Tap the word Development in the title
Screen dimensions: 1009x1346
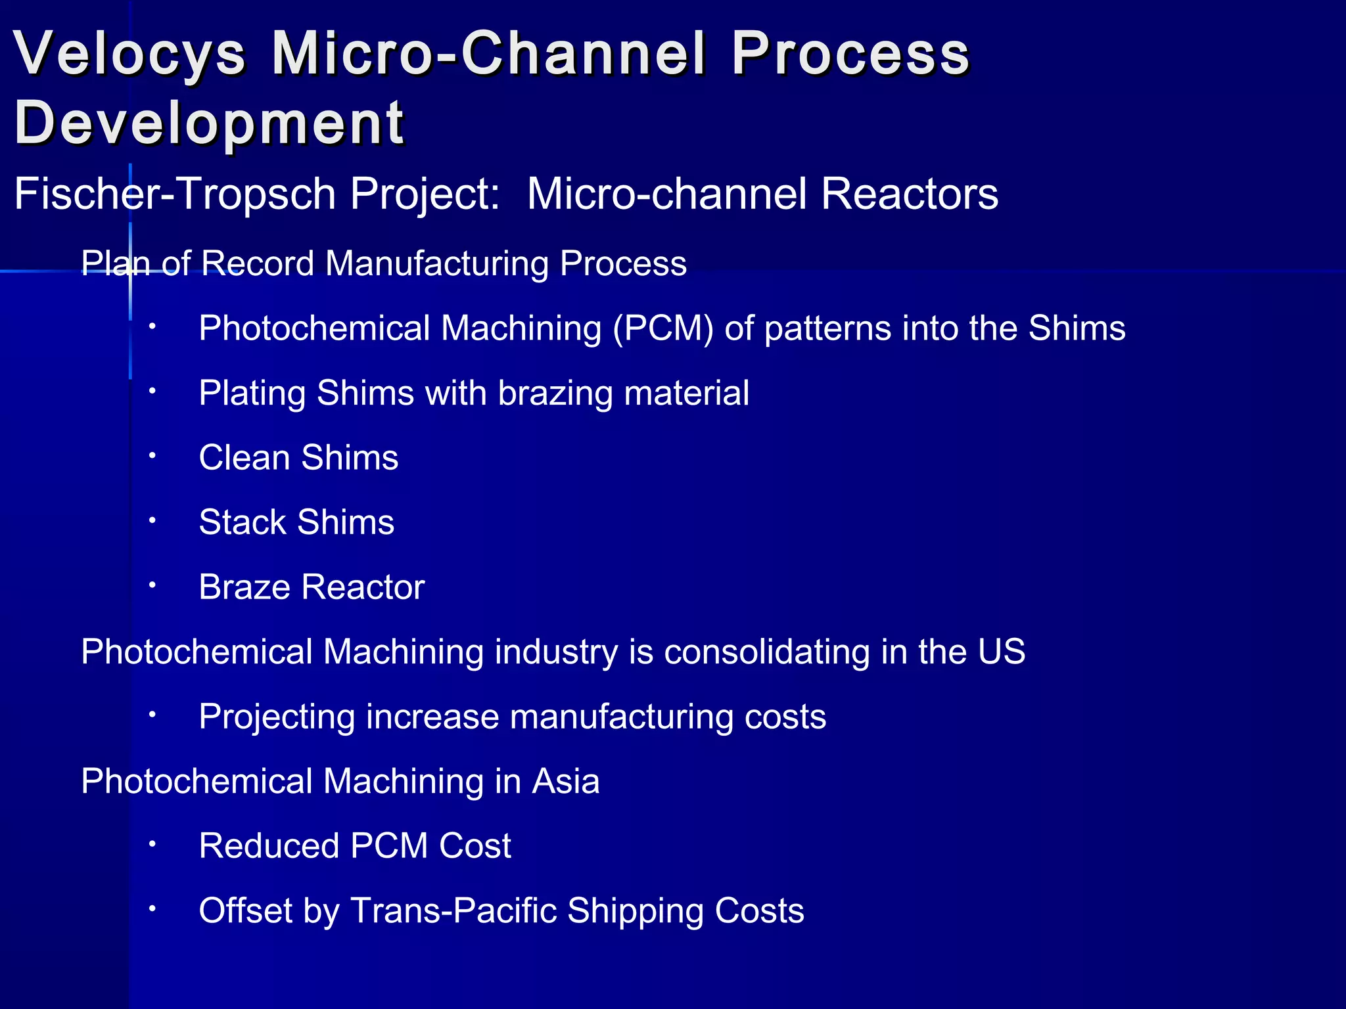(209, 122)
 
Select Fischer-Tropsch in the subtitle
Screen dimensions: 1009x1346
(175, 194)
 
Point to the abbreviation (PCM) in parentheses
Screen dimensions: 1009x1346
(662, 328)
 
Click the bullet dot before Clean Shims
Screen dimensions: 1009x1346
(152, 455)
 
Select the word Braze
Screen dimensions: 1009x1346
(244, 587)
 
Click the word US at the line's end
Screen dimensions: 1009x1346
(1000, 652)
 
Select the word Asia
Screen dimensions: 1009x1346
(565, 781)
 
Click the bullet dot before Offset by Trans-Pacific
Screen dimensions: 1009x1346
(152, 908)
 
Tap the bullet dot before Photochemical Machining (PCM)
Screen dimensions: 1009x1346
(152, 326)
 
